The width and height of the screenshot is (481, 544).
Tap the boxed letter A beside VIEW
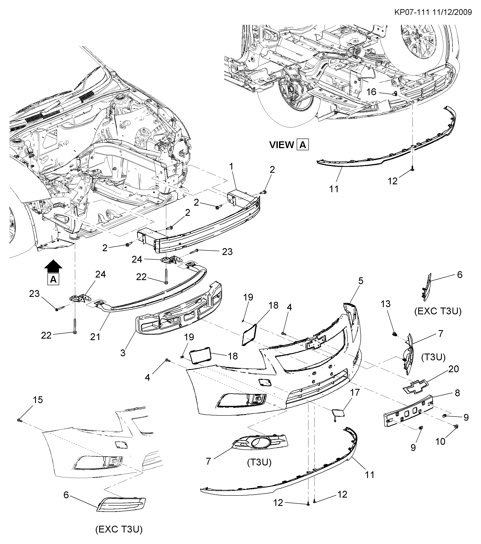click(x=303, y=145)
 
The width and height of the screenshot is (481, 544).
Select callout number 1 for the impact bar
click(x=231, y=167)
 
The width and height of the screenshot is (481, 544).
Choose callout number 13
click(x=386, y=304)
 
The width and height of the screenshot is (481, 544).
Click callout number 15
click(x=37, y=400)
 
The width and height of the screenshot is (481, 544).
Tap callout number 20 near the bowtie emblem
click(x=454, y=369)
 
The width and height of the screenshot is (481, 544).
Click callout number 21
click(x=95, y=337)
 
